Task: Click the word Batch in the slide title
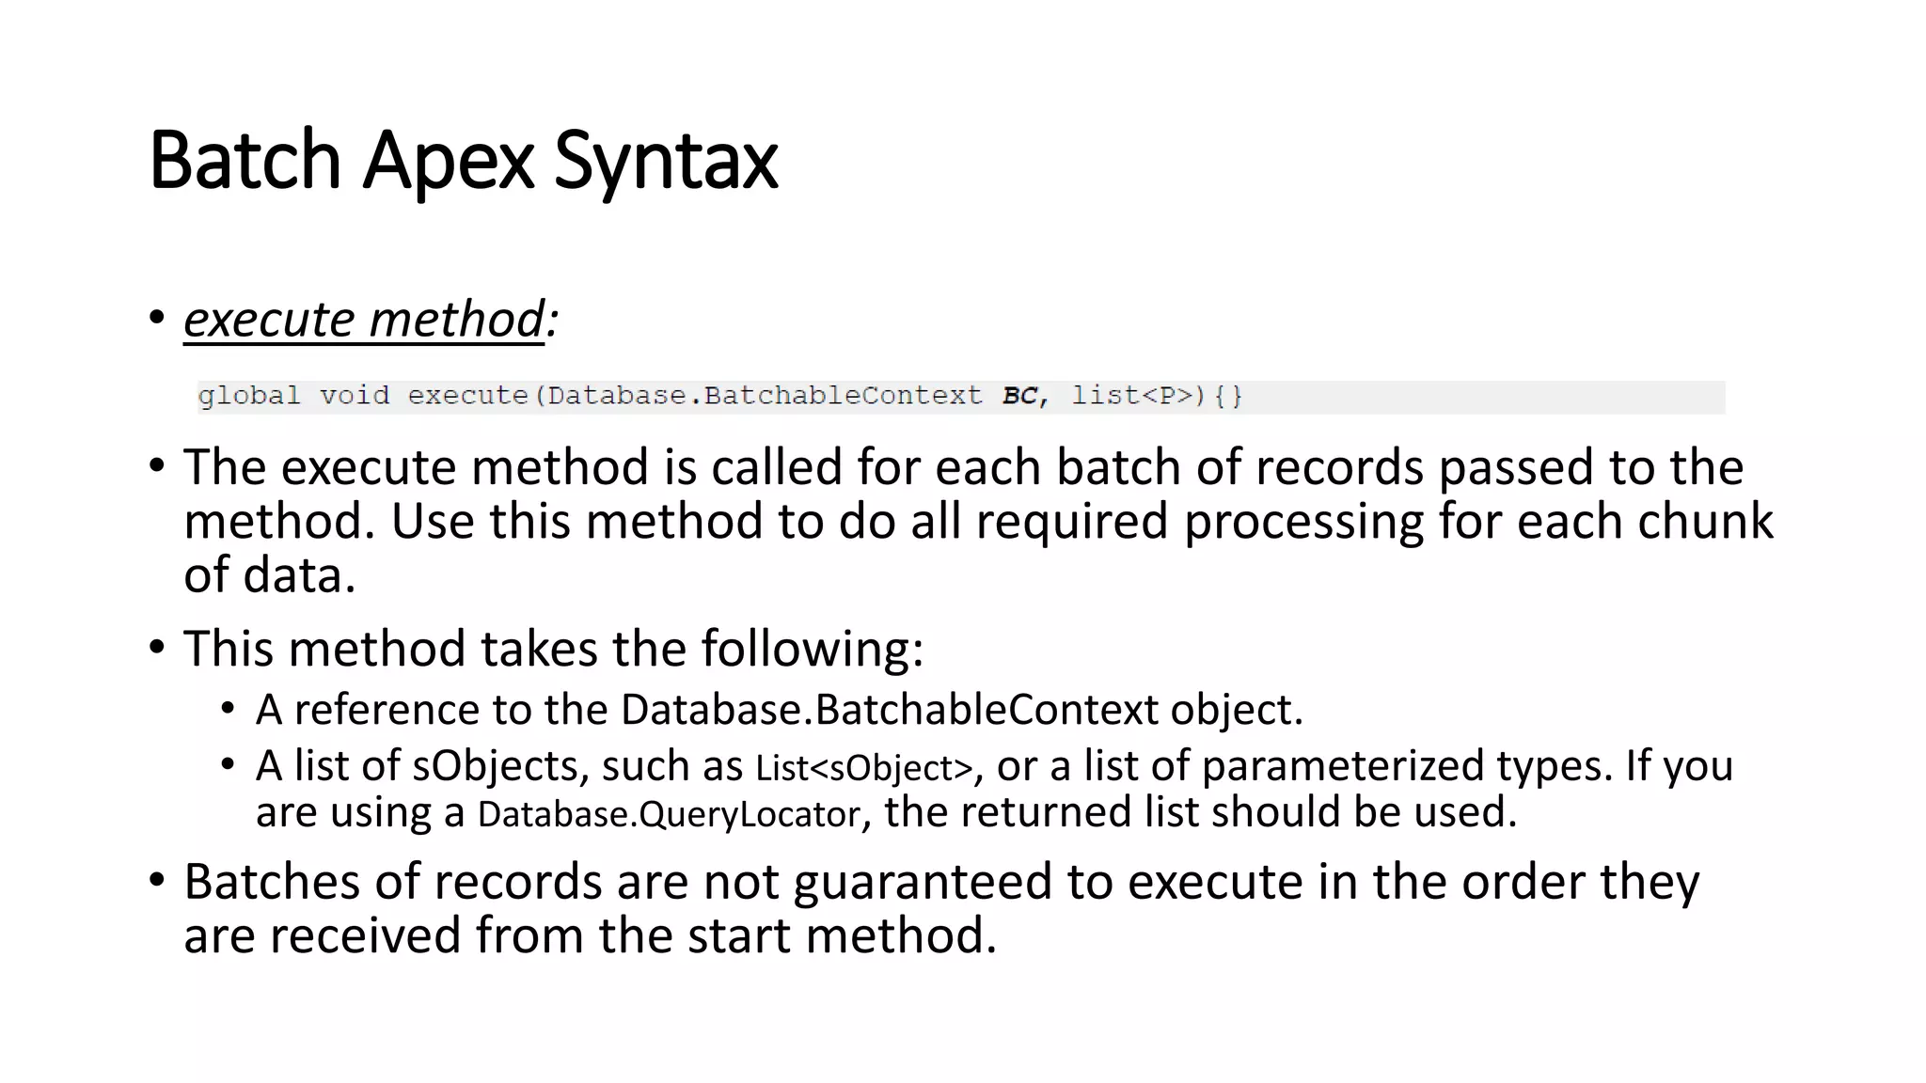245,161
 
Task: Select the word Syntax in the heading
666,161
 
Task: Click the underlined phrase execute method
364,320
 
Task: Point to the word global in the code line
249,396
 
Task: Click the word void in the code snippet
354,396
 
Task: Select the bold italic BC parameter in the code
1019,396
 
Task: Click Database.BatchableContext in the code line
765,396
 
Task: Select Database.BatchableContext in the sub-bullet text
890,710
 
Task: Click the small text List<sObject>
863,768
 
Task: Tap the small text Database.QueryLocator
669,814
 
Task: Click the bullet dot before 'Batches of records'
157,881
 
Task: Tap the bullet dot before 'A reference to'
228,708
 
